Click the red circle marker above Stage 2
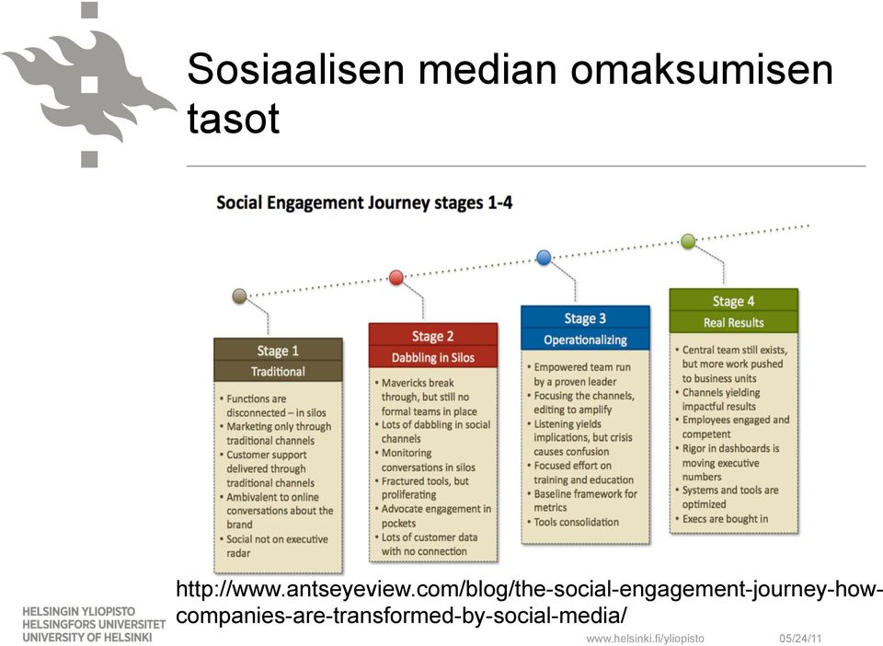pyautogui.click(x=396, y=277)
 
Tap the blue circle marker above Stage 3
pyautogui.click(x=544, y=258)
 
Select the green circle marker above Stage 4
pyautogui.click(x=688, y=241)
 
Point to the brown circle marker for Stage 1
pyautogui.click(x=240, y=295)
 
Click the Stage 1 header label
pyautogui.click(x=278, y=351)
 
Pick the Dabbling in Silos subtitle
pyautogui.click(x=433, y=358)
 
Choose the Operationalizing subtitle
pyautogui.click(x=585, y=340)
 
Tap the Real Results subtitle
pyautogui.click(x=733, y=323)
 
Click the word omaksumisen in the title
pyautogui.click(x=702, y=69)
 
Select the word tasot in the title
pyautogui.click(x=233, y=119)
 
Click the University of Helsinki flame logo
pyautogui.click(x=89, y=85)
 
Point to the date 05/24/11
pyautogui.click(x=800, y=638)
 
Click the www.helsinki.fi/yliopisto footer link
pyautogui.click(x=645, y=638)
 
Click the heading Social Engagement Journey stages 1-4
pyautogui.click(x=364, y=202)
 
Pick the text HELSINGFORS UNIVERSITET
pyautogui.click(x=94, y=625)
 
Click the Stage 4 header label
pyautogui.click(x=733, y=301)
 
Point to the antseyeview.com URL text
pyautogui.click(x=529, y=602)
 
